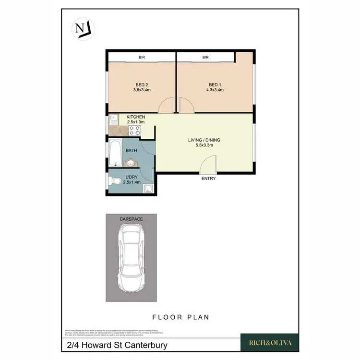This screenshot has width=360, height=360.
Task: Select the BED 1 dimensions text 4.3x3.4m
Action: coord(215,90)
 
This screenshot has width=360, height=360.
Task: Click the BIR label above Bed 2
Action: coord(142,58)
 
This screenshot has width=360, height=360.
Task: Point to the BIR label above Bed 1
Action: coord(205,58)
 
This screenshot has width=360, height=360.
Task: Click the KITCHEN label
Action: coord(135,117)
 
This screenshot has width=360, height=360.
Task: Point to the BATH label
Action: coord(131,151)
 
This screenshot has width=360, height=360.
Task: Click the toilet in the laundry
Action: coord(115,181)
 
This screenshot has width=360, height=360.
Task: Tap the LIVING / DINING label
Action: coord(204,140)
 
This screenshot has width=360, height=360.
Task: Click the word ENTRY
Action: coord(209,179)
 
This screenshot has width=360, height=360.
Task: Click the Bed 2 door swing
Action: coord(166,106)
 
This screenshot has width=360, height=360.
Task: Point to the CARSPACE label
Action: coord(131,219)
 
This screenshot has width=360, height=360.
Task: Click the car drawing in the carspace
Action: coord(131,259)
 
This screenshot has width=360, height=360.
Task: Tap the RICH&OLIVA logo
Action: coord(269,343)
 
